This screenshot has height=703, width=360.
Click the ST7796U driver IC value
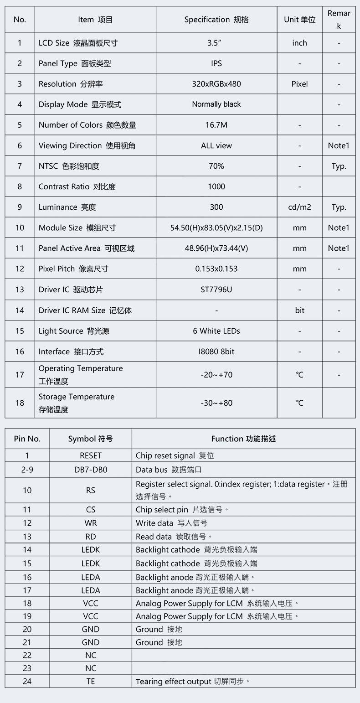click(216, 289)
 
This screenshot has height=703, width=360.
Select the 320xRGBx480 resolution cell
click(216, 84)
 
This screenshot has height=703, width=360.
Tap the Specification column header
click(216, 20)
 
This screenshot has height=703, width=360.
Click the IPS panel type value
click(216, 63)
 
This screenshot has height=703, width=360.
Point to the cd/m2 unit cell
click(299, 207)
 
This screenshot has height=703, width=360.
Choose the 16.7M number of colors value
click(216, 125)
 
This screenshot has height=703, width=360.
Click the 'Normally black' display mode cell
click(216, 104)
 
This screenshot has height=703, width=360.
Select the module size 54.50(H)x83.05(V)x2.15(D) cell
click(216, 227)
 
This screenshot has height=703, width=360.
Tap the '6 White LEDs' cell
click(216, 331)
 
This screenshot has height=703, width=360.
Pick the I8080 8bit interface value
click(216, 351)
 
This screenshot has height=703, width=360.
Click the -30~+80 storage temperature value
click(216, 403)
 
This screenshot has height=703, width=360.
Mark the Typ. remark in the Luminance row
click(339, 207)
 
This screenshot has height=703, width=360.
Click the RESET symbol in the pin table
click(91, 455)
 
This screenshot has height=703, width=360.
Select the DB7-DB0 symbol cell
click(91, 470)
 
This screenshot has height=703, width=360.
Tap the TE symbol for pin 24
click(91, 681)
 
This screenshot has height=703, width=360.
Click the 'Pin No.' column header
click(27, 439)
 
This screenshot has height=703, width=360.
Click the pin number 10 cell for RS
click(27, 490)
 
